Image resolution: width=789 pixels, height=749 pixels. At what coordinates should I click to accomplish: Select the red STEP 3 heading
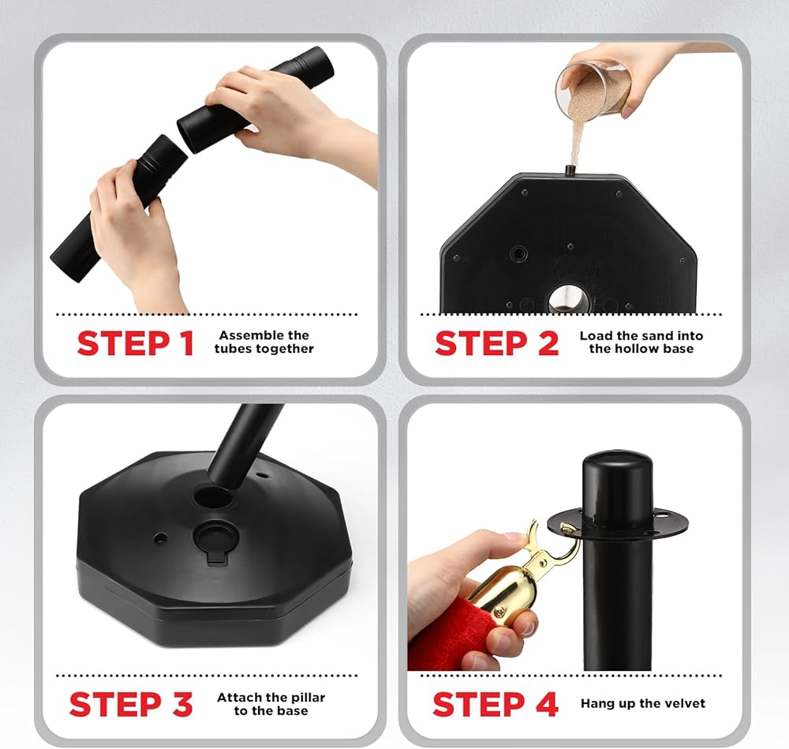[x=131, y=704]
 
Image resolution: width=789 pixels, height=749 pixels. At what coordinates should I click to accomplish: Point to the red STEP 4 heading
[x=495, y=704]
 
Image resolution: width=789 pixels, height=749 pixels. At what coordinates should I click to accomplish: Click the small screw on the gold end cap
[x=499, y=612]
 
